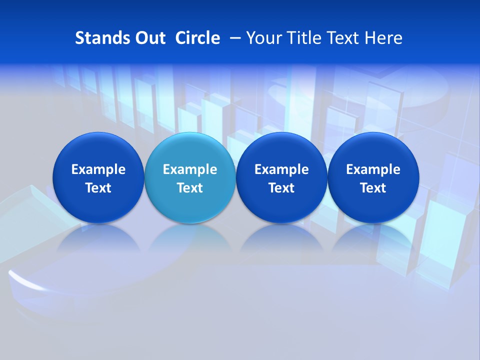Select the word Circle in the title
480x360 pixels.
click(197, 38)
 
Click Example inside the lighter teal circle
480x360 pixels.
click(190, 169)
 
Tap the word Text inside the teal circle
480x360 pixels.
click(190, 188)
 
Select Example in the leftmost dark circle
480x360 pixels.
click(98, 169)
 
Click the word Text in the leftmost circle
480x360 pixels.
click(98, 188)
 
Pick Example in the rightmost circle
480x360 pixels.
click(373, 169)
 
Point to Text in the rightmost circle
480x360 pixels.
click(373, 188)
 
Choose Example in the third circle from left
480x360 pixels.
click(281, 169)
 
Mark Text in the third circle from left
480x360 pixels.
click(281, 188)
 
